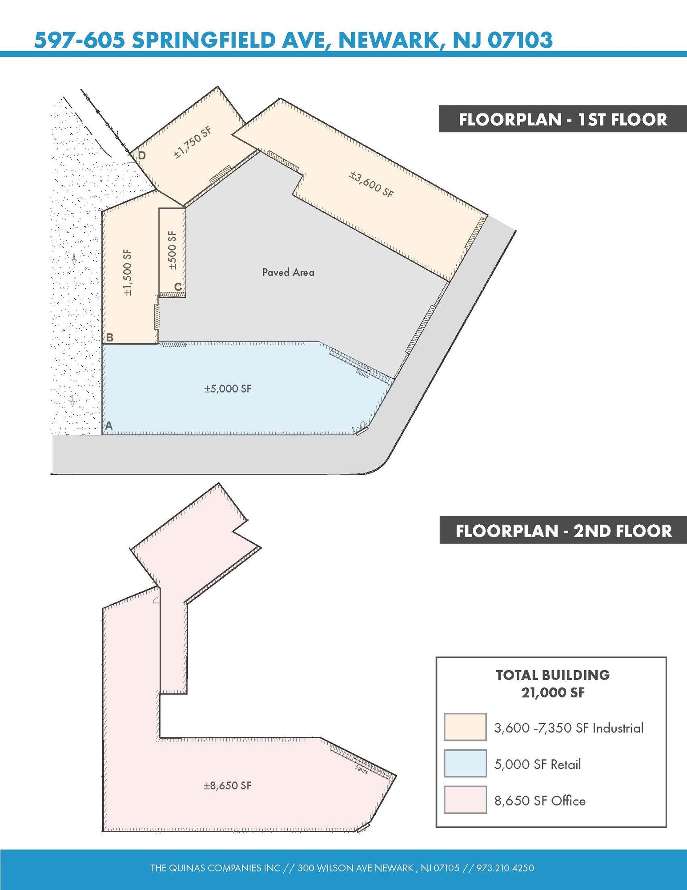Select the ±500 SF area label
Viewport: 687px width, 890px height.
[x=172, y=250]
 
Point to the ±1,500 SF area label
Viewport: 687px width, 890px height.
[x=128, y=273]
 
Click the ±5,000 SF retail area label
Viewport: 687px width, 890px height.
[x=228, y=389]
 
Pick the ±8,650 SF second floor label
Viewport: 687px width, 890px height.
[x=228, y=785]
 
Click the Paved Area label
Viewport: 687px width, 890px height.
[x=288, y=272]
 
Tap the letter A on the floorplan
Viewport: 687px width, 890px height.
[x=108, y=426]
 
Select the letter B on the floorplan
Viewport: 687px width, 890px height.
[x=109, y=337]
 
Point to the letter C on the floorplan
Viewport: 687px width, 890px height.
[x=178, y=287]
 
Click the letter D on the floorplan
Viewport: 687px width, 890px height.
[x=142, y=155]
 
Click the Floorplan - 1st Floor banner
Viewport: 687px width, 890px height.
[x=563, y=119]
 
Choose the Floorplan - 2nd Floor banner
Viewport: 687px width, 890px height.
[x=563, y=530]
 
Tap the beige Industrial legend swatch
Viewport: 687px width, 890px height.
[x=465, y=727]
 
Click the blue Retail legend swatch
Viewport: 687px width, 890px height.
[x=465, y=764]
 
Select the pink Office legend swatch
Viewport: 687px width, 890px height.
[x=465, y=800]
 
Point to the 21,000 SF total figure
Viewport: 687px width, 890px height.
[x=553, y=692]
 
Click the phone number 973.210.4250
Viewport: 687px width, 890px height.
[x=505, y=868]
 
